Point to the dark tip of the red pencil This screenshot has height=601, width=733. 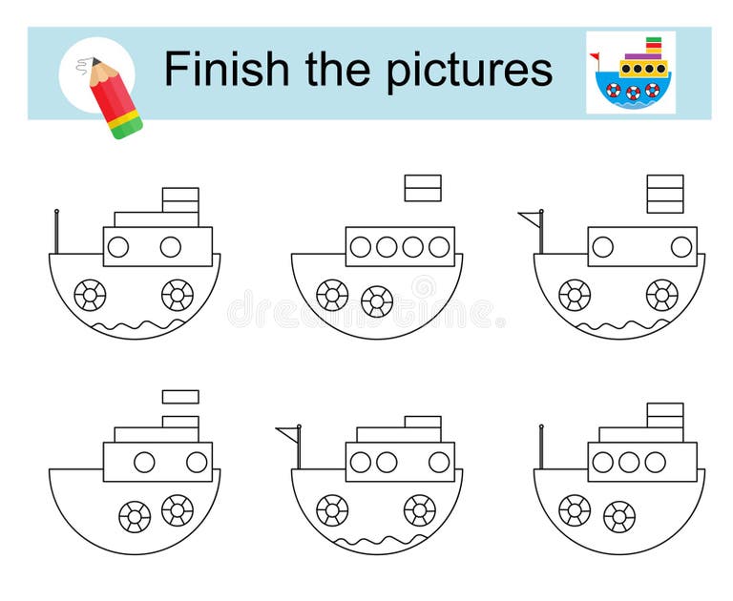[x=95, y=64]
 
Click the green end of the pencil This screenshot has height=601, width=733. [x=128, y=128]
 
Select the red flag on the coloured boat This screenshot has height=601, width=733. [x=595, y=56]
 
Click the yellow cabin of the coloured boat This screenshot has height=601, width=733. [x=644, y=69]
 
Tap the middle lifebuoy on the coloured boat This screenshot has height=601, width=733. [x=633, y=92]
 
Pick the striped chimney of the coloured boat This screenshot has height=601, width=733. [x=654, y=47]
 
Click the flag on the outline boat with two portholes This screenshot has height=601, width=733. [x=530, y=218]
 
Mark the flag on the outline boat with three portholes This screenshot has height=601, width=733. [x=286, y=435]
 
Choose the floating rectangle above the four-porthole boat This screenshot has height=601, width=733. [x=423, y=188]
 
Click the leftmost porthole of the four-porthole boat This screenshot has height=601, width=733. [x=360, y=247]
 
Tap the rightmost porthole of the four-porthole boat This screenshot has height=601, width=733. [x=439, y=247]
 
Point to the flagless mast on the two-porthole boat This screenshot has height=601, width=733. [x=57, y=232]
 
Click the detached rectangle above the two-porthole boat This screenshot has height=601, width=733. [x=180, y=397]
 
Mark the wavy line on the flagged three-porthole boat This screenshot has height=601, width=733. [x=377, y=542]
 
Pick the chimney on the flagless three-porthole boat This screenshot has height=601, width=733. [x=665, y=416]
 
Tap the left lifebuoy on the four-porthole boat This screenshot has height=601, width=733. [x=332, y=295]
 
